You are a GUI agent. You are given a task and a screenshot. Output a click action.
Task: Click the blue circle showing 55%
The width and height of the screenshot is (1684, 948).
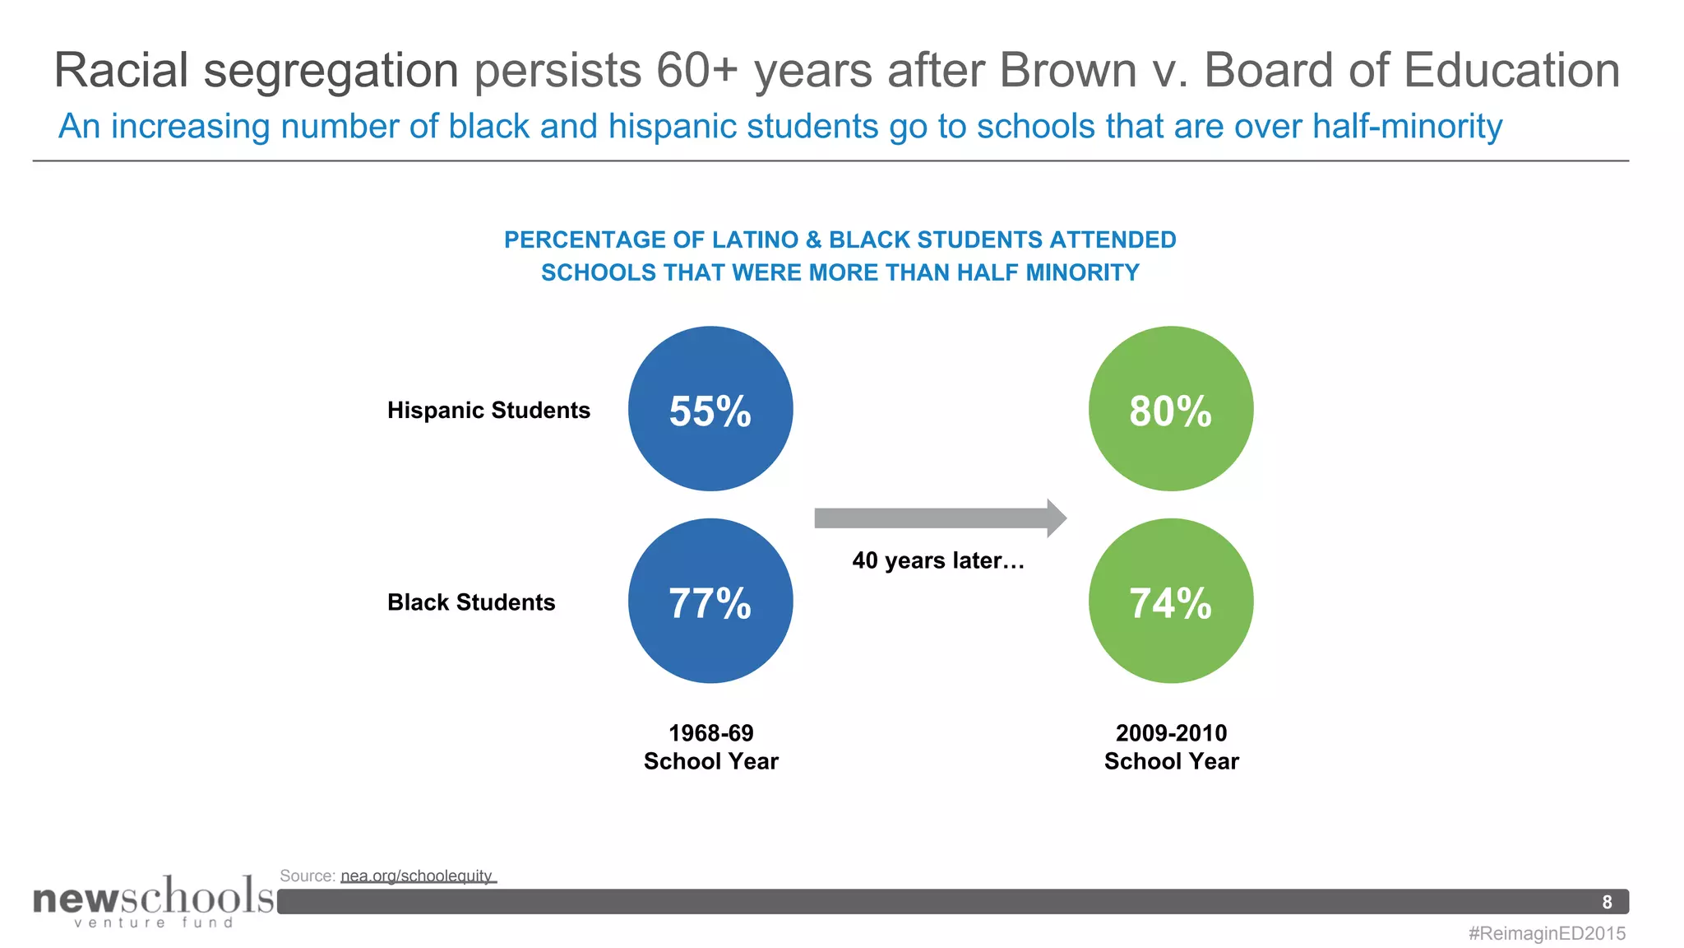[x=710, y=409]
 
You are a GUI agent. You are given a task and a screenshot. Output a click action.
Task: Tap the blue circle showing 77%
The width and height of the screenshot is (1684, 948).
[x=710, y=601]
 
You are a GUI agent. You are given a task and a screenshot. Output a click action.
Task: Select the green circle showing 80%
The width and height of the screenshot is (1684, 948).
[x=1171, y=409]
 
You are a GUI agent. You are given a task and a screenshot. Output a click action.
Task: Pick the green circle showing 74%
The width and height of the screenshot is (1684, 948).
[x=1171, y=601]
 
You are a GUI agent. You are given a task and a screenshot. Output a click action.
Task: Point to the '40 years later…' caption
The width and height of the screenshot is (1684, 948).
[x=938, y=560]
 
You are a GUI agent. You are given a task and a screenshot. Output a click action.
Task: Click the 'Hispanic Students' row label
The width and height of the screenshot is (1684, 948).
[x=488, y=410]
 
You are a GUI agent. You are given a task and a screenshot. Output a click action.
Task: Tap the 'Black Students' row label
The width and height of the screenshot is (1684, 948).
[x=471, y=602]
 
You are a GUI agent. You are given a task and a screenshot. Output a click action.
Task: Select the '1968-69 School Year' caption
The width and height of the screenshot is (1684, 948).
[x=711, y=747]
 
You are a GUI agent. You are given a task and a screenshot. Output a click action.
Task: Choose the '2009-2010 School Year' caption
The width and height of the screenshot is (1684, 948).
[x=1171, y=747]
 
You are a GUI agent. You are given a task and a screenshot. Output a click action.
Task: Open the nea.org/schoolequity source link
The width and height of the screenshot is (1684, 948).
[x=417, y=876]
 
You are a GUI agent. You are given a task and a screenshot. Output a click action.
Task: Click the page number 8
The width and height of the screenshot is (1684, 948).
[x=1607, y=902]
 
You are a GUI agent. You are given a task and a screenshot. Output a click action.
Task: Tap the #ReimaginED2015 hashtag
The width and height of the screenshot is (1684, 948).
[x=1547, y=933]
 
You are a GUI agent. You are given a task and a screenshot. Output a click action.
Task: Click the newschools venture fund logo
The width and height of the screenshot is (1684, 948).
[x=153, y=901]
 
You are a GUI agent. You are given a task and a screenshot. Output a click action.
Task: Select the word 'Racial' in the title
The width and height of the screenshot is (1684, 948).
[x=122, y=70]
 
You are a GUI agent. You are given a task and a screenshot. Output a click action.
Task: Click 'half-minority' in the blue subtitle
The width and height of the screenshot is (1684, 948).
[x=1407, y=126]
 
